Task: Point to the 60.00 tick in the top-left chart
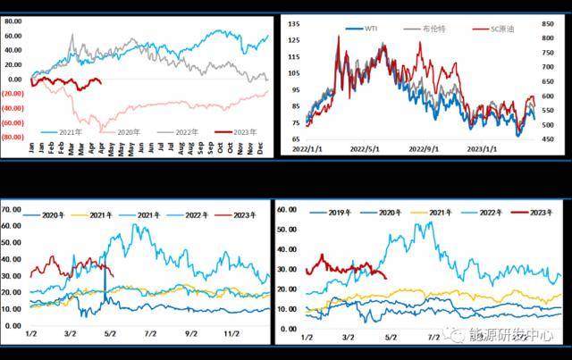tap(13, 36)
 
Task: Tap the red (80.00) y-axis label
tap(13, 138)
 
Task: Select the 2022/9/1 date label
tap(422, 149)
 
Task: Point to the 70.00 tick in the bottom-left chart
tap(11, 208)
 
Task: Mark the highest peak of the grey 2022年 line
tap(71, 36)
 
